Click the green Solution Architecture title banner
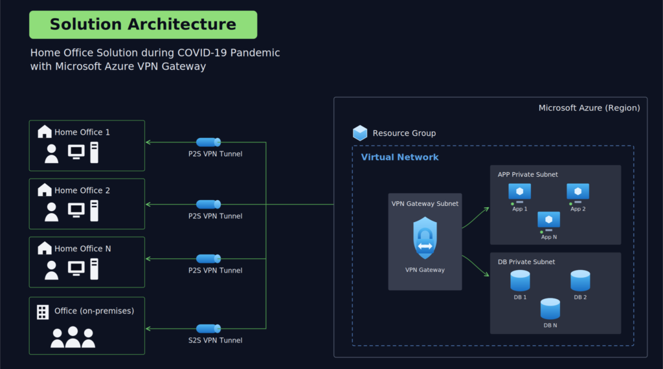(143, 25)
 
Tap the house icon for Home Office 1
(45, 131)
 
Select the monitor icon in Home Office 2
(76, 210)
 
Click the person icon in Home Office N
(52, 270)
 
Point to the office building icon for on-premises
(43, 312)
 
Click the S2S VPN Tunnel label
(215, 341)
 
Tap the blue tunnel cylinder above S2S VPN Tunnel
(208, 328)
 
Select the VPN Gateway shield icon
(425, 238)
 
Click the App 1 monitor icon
(520, 193)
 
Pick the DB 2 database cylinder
(580, 280)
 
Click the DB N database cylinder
(550, 309)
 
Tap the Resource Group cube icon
(360, 133)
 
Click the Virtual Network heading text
(399, 157)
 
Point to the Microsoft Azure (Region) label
(589, 107)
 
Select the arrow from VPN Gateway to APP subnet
(476, 218)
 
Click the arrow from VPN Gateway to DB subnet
(476, 266)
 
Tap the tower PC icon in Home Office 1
(95, 153)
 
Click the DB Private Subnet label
(526, 262)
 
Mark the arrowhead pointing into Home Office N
(148, 259)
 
